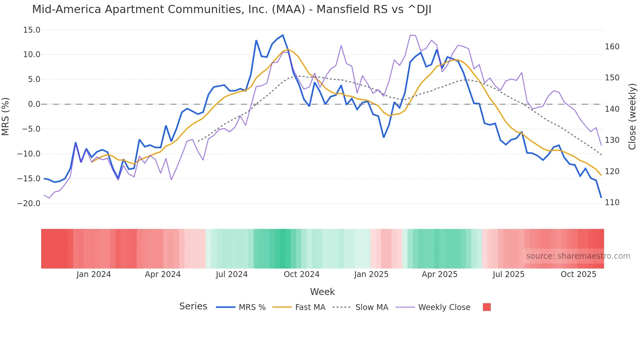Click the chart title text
pos(232,9)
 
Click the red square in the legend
pos(487,307)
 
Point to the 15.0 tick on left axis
pos(32,30)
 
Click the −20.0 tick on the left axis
pos(29,204)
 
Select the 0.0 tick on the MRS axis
pos(34,104)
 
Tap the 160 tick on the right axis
pos(612,47)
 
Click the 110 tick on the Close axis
pos(612,203)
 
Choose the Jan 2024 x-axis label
pos(94,274)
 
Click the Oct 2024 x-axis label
pos(301,274)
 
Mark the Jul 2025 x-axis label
pos(508,274)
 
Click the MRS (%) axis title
pos(6,117)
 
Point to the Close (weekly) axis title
pos(632,117)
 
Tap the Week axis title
pos(322,292)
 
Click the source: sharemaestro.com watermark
pos(578,256)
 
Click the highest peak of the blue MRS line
pos(283,35)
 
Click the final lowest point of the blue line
pos(601,198)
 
